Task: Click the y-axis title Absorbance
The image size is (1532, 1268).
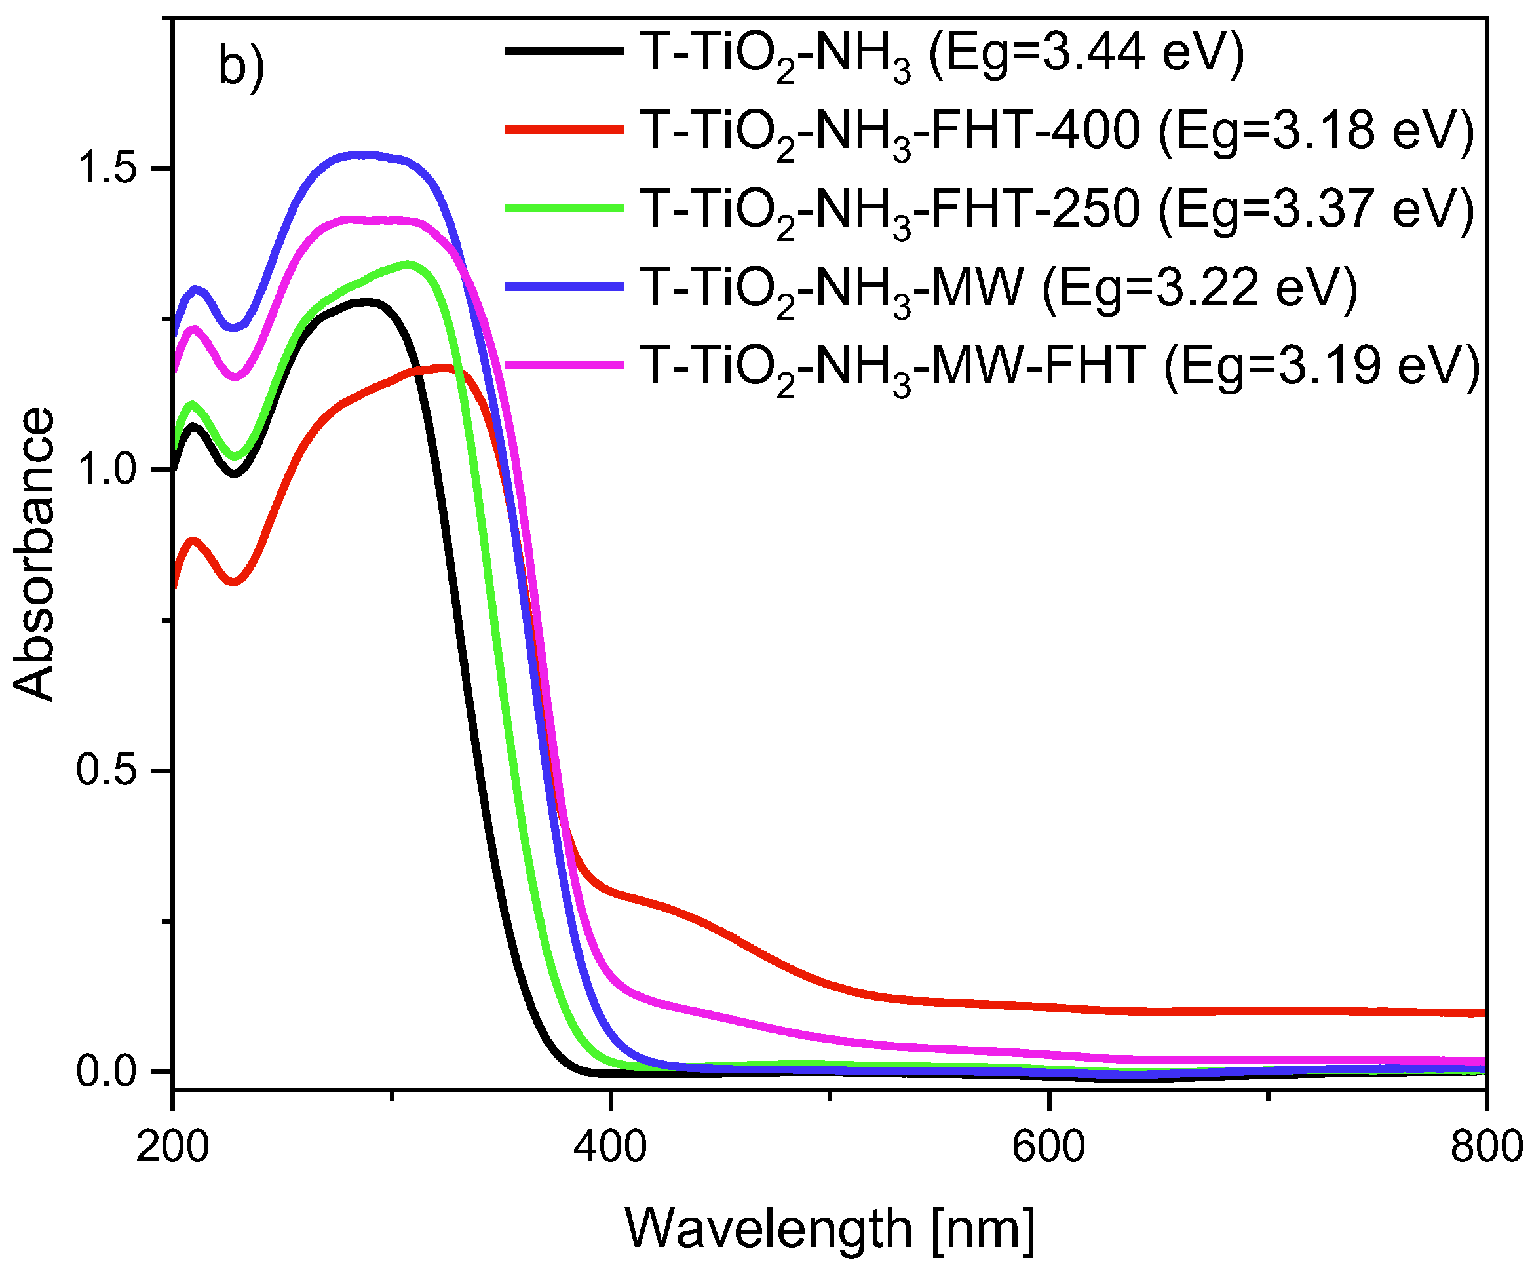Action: point(33,555)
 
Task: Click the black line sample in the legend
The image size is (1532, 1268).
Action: point(564,51)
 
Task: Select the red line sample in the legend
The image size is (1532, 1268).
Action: point(564,130)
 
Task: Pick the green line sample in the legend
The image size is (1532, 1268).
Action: point(564,208)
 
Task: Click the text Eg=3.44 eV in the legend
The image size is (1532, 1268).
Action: point(1087,52)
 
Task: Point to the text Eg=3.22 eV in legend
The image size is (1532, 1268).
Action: point(1200,288)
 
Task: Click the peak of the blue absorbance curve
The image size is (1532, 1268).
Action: point(365,155)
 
